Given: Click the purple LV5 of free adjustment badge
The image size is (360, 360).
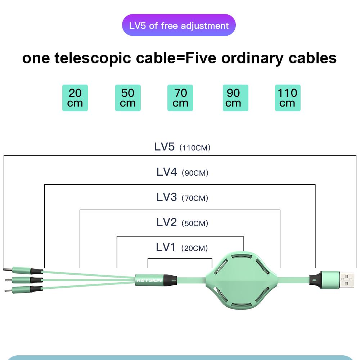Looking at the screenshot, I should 179,26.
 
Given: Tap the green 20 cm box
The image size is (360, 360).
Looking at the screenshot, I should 75,98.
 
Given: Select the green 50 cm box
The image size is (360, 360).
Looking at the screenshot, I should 128,98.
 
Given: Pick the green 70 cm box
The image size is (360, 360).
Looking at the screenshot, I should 180,98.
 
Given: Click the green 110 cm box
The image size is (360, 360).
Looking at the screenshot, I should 288,98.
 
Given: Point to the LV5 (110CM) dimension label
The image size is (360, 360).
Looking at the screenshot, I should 182,147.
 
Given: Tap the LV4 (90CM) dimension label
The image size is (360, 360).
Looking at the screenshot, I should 182,172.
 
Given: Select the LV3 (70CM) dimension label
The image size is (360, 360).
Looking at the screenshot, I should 182,197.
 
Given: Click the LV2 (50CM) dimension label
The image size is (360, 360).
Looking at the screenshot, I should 182,222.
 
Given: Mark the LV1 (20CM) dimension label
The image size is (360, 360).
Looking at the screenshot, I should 182,248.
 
